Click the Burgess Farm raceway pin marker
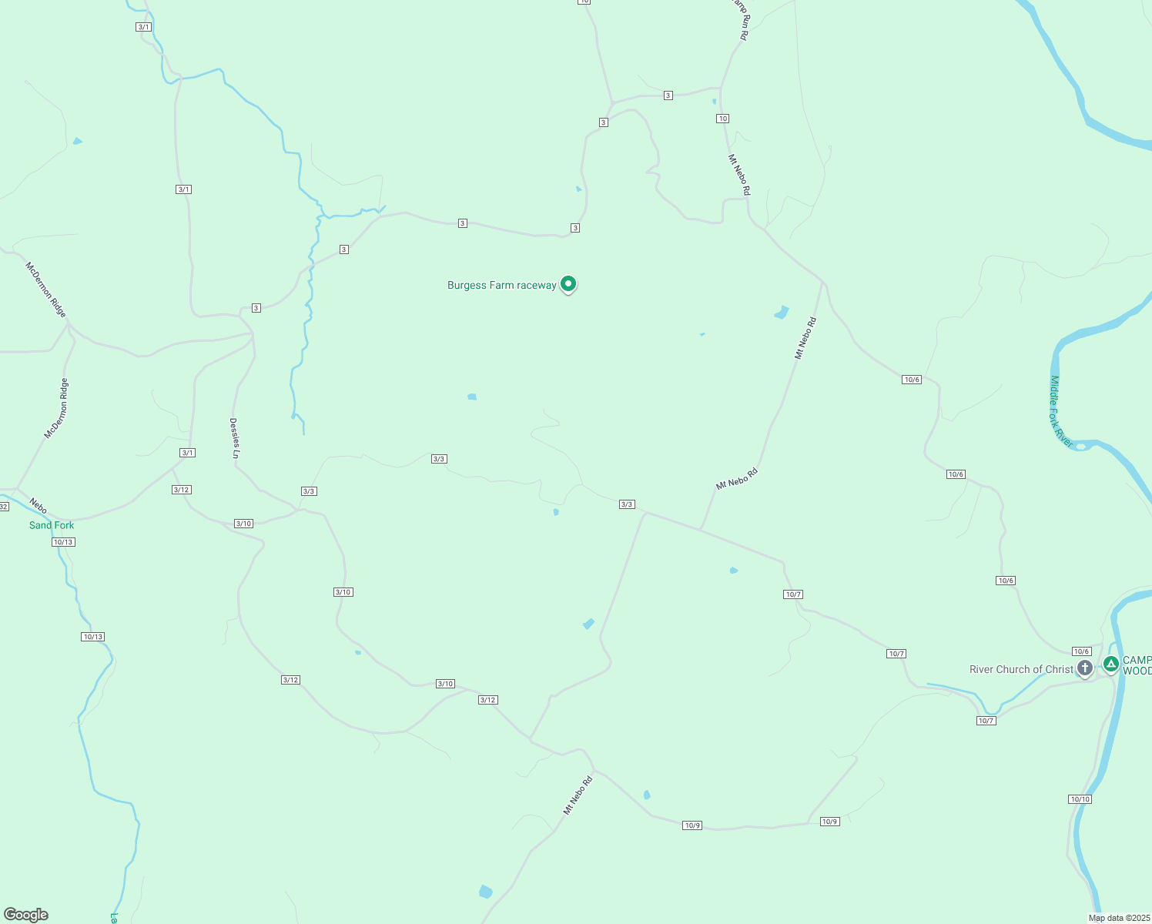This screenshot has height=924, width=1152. [x=568, y=284]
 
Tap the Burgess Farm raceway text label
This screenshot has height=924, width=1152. [x=501, y=285]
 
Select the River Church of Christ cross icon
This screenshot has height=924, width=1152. [x=1085, y=668]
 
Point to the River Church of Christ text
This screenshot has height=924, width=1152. [x=1020, y=669]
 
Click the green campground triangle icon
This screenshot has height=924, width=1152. [x=1110, y=663]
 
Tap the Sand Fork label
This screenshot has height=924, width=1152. [x=52, y=525]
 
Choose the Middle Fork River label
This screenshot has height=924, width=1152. [x=1060, y=411]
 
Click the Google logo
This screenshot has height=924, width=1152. [x=26, y=915]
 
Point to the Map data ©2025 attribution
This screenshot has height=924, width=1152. [x=1118, y=918]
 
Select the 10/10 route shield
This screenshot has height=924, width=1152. [x=1080, y=799]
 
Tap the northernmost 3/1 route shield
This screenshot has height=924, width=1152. [x=143, y=27]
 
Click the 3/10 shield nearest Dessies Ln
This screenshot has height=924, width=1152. [x=243, y=524]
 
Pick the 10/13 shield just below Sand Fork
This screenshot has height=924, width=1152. [x=63, y=542]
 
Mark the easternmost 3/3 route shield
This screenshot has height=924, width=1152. [x=627, y=504]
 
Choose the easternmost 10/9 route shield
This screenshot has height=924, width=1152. [x=829, y=822]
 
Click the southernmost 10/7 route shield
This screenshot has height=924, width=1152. [x=986, y=721]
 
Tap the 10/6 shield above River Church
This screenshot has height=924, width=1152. [x=1081, y=651]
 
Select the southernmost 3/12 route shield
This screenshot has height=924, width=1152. [x=487, y=700]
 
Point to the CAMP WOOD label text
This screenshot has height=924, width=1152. [x=1137, y=665]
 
